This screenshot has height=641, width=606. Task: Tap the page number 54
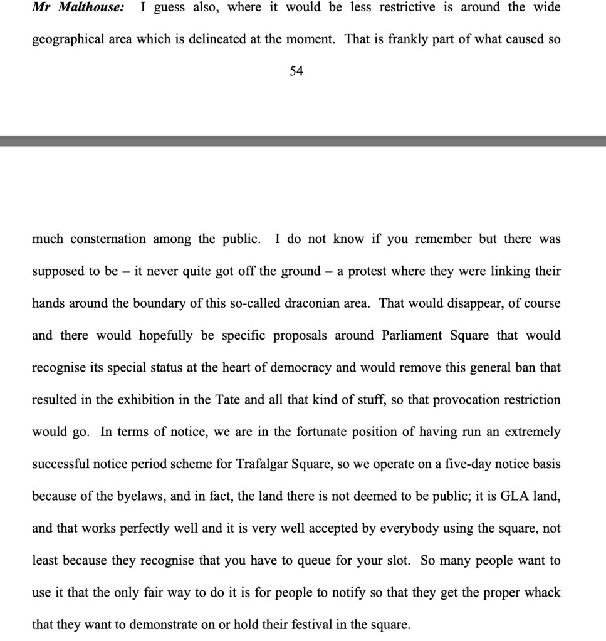296,71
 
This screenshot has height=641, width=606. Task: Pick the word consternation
108,239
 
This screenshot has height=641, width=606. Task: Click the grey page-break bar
303,141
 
